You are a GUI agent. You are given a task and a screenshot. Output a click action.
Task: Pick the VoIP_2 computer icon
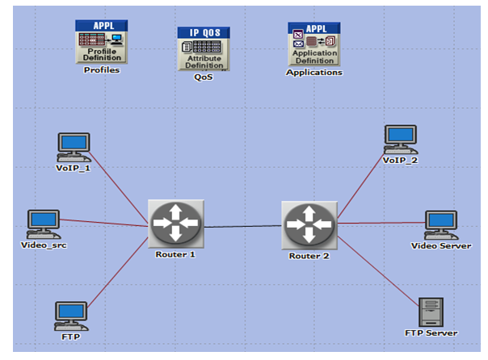click(400, 139)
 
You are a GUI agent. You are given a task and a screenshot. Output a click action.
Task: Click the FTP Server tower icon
click(431, 312)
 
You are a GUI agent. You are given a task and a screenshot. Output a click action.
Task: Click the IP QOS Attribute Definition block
click(204, 48)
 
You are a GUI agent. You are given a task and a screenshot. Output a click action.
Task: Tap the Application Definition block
click(314, 44)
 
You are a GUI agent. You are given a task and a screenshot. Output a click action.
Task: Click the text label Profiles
click(102, 70)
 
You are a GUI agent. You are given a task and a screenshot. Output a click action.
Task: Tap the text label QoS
click(204, 77)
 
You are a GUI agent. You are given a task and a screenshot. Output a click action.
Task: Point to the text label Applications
click(314, 72)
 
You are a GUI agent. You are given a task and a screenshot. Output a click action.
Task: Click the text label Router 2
click(309, 256)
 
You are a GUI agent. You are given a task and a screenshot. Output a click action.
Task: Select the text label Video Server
click(441, 245)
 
